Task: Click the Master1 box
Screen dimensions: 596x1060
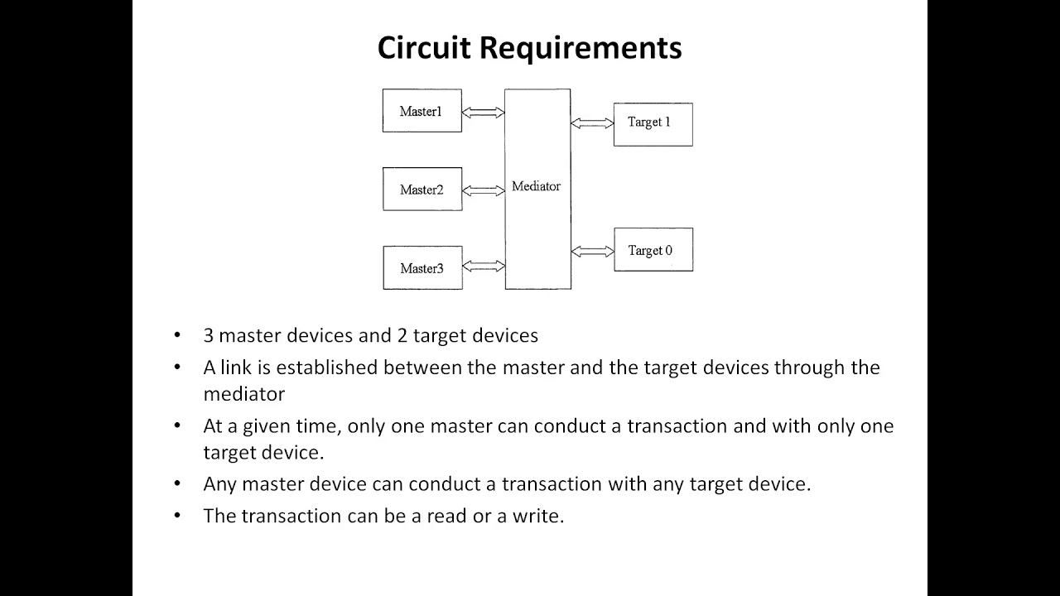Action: pyautogui.click(x=422, y=111)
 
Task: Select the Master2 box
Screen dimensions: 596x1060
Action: pyautogui.click(x=422, y=190)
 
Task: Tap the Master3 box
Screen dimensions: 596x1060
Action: pyautogui.click(x=422, y=267)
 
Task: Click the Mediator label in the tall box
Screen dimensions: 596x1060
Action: pyautogui.click(x=536, y=186)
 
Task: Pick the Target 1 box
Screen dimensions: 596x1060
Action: pyautogui.click(x=653, y=123)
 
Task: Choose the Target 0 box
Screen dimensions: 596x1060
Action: pyautogui.click(x=653, y=250)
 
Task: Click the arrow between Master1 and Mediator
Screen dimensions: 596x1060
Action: pyautogui.click(x=483, y=113)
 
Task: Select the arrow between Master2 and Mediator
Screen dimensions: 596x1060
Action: pyautogui.click(x=483, y=190)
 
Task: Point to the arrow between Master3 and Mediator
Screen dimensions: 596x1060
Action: pyautogui.click(x=483, y=266)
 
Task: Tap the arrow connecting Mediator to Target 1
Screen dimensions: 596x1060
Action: pyautogui.click(x=591, y=123)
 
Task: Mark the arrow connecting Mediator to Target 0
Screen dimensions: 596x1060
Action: pyautogui.click(x=592, y=251)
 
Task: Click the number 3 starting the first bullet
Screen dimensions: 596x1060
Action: pyautogui.click(x=209, y=335)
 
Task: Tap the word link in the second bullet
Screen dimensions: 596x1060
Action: pyautogui.click(x=235, y=367)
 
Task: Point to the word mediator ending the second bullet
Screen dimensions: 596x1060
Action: pyautogui.click(x=243, y=394)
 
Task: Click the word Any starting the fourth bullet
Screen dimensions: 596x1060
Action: pyautogui.click(x=219, y=483)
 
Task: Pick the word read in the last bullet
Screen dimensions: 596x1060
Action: pyautogui.click(x=447, y=516)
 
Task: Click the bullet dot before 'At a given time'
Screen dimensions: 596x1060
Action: pyautogui.click(x=177, y=425)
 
